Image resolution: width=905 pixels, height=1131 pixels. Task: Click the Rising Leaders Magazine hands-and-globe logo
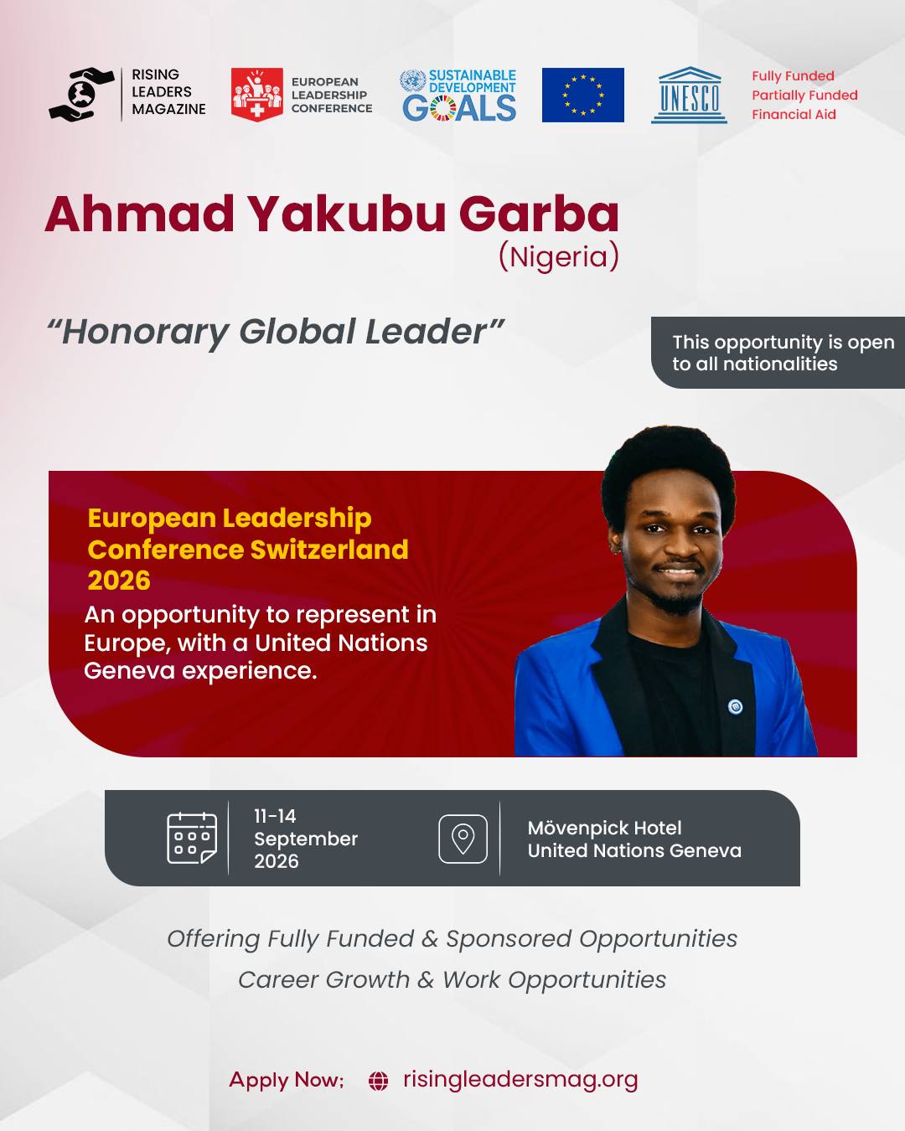point(81,95)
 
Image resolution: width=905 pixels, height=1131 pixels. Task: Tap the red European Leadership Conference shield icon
point(257,95)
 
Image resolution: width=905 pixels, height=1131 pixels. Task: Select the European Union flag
point(582,96)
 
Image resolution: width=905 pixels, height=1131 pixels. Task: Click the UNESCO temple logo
point(689,96)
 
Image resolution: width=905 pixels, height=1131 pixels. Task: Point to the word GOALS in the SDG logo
point(459,108)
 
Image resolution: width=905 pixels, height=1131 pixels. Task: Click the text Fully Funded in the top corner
point(793,76)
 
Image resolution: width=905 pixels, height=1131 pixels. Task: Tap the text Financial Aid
point(794,115)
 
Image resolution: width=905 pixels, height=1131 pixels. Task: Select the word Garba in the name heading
point(539,214)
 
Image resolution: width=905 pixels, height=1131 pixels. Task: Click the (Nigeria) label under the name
point(558,257)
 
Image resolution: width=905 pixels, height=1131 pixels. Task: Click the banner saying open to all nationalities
point(778,353)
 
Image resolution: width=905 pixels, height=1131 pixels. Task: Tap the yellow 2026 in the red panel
point(119,581)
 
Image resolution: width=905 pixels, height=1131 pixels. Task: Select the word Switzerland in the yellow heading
point(329,550)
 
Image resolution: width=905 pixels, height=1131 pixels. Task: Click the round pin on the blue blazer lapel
point(735,707)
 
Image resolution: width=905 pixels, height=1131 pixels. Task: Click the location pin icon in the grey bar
point(463,839)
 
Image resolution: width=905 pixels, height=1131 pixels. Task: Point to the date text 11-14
point(275,816)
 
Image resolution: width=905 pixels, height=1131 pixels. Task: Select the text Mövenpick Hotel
point(605,829)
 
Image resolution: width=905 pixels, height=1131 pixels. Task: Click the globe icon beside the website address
point(378,1081)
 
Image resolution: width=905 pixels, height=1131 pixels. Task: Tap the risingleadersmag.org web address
point(520,1080)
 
